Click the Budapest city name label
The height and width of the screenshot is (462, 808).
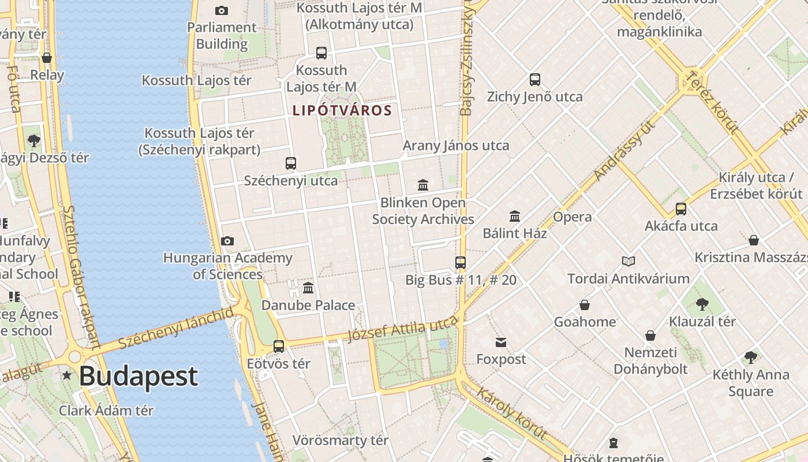point(139,377)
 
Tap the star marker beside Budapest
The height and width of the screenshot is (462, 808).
point(67,376)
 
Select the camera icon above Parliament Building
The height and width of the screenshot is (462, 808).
point(221,10)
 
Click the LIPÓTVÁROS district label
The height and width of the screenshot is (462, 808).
point(342,110)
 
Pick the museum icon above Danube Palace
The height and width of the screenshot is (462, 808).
point(308,288)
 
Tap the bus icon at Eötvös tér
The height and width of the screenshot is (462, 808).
point(279,346)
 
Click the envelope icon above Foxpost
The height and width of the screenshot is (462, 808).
point(500,342)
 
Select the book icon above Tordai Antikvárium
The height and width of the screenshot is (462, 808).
point(628,262)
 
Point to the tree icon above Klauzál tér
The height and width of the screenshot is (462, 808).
point(702,304)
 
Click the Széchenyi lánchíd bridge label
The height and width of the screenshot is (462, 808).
point(176,328)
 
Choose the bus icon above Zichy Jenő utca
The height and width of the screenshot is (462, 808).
point(535,80)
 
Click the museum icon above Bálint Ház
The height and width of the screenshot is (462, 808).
point(515,217)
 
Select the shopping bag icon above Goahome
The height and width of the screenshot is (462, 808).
point(585,305)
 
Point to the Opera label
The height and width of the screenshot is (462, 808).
point(572,217)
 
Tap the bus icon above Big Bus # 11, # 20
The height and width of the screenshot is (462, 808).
point(460,263)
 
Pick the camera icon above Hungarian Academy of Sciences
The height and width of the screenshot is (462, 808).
point(227,241)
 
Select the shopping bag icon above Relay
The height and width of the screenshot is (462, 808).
point(47,58)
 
